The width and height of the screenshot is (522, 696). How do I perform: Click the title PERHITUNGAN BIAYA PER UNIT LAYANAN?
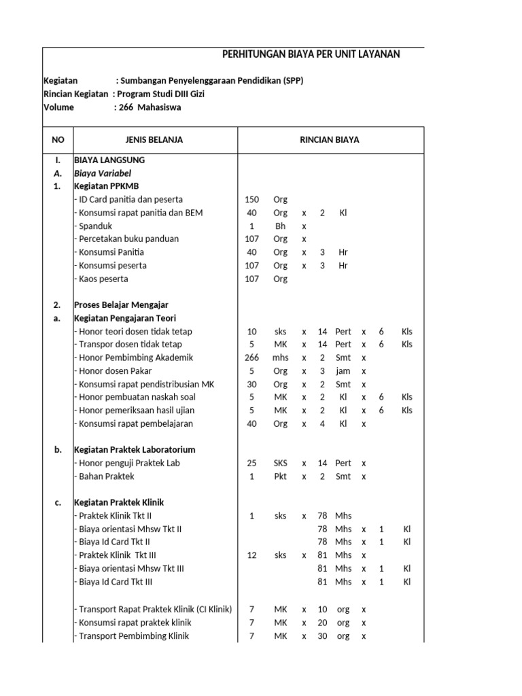coord(311,54)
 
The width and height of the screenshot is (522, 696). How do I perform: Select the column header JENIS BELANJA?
coord(154,140)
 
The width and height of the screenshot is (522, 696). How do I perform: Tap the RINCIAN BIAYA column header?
coord(330,140)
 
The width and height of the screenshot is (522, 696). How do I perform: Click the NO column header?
coord(58,140)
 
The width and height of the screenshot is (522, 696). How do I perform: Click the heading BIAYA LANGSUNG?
coord(109,160)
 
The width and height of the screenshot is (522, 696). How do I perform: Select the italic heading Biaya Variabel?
coord(103,173)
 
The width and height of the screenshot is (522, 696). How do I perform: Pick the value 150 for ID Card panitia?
coord(251,200)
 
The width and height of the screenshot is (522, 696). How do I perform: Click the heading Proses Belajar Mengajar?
coord(121,305)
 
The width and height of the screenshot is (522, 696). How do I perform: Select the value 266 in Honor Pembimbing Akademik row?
coord(251,358)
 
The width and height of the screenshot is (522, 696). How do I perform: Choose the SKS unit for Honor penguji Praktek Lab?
coord(281,464)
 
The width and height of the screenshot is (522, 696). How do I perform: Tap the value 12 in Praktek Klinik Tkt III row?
coord(251,555)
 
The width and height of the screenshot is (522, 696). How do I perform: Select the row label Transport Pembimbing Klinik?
coord(131,636)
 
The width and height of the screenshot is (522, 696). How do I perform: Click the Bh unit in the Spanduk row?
coord(281,226)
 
